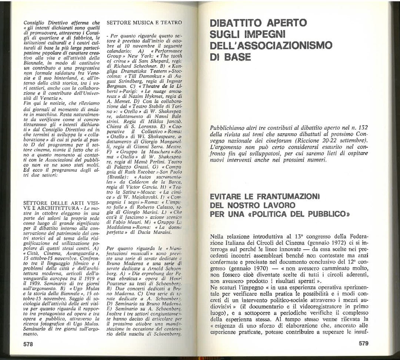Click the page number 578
click(x=28, y=343)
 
